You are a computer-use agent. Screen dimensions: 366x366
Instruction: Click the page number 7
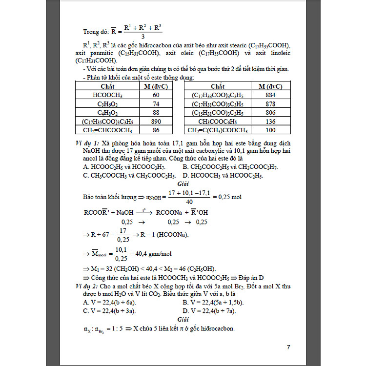pyautogui.click(x=288, y=347)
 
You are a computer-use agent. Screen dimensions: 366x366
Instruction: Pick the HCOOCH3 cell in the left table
pyautogui.click(x=107, y=95)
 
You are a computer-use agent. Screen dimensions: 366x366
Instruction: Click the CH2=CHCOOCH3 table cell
pyautogui.click(x=107, y=130)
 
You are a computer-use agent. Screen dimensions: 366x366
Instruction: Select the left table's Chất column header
pyautogui.click(x=107, y=86)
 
